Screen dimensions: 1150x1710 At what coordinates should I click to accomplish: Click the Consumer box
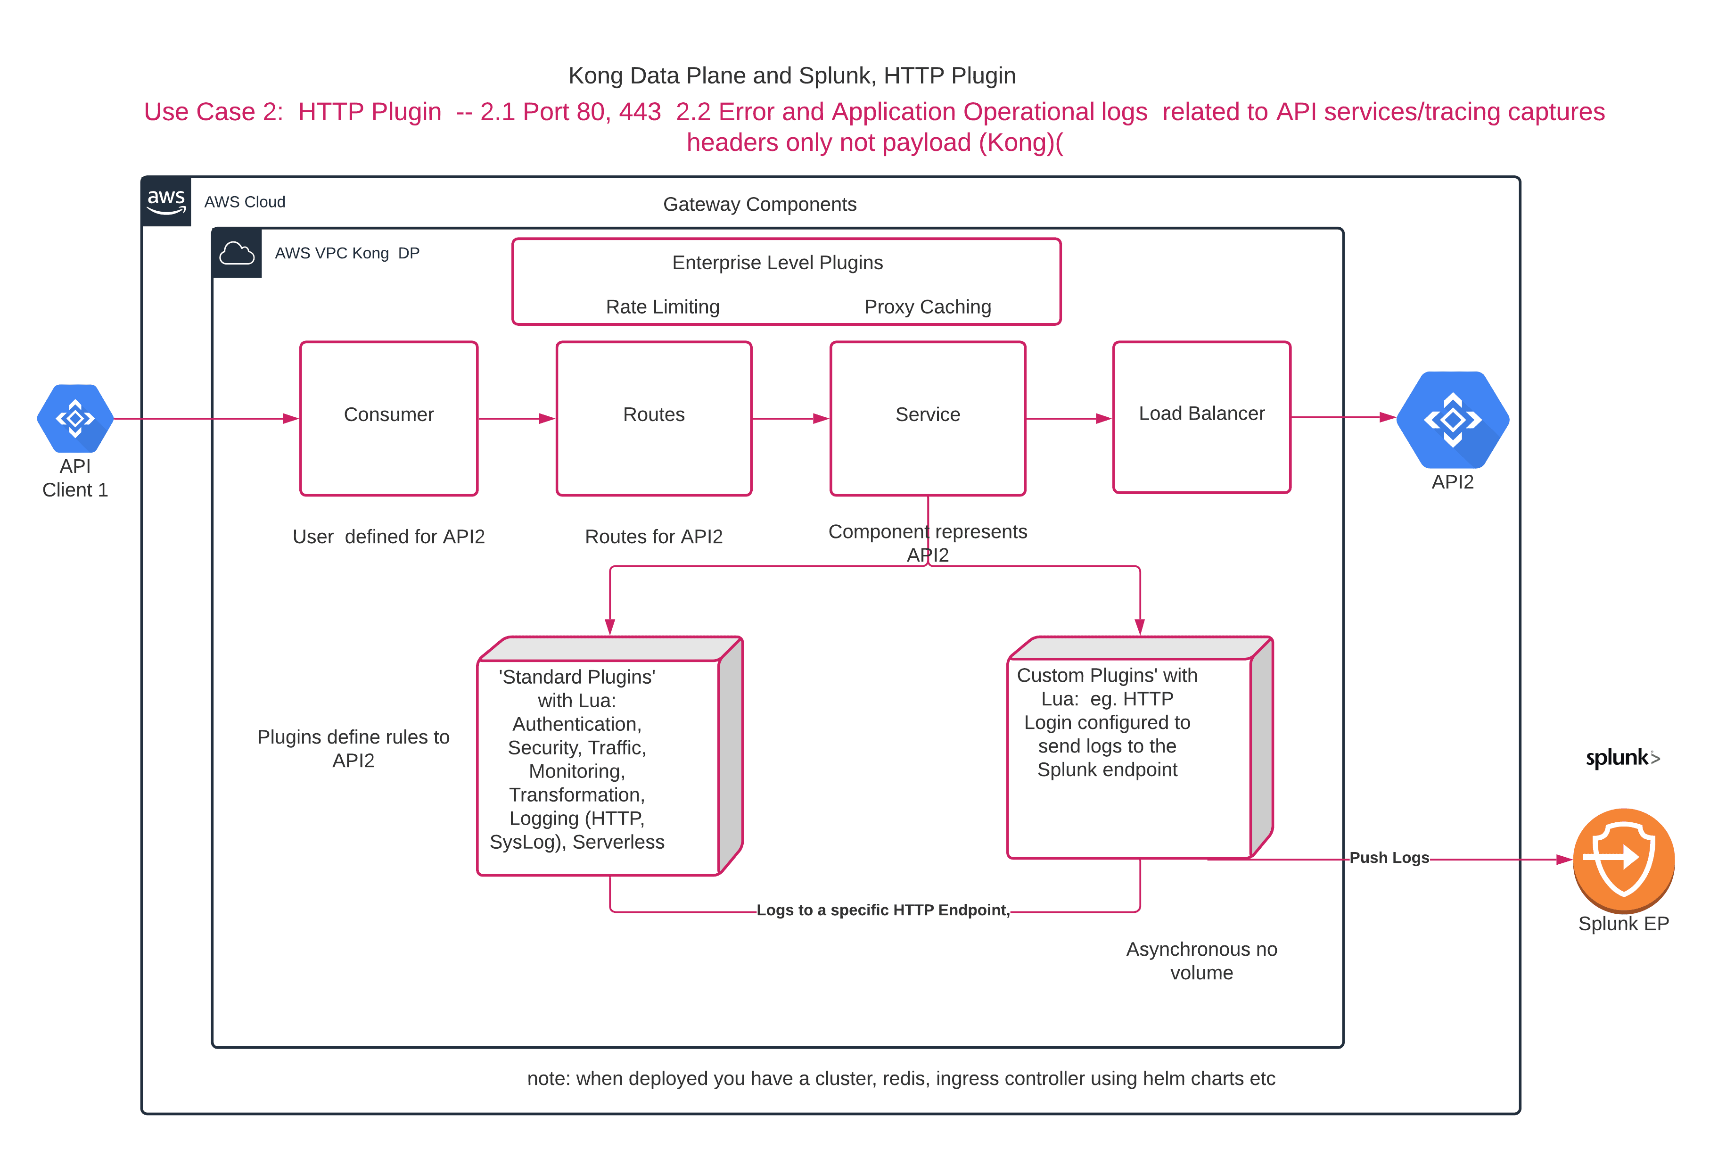point(388,418)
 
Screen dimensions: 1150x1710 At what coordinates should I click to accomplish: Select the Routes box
point(653,418)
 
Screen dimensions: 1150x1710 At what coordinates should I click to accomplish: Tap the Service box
point(927,418)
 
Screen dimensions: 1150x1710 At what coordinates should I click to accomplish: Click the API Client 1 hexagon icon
point(75,418)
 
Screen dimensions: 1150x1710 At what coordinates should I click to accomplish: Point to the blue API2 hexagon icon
point(1452,420)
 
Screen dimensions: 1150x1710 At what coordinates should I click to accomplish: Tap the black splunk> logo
point(1622,758)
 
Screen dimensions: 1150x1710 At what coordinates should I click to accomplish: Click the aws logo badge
point(166,201)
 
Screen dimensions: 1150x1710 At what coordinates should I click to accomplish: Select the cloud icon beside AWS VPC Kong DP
point(237,253)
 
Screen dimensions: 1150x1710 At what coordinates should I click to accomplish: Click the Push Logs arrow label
point(1389,857)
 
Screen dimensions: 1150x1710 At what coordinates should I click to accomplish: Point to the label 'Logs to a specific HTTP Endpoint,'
point(882,910)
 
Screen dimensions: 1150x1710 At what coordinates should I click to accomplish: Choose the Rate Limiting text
point(663,306)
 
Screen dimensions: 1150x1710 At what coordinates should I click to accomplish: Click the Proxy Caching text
point(927,306)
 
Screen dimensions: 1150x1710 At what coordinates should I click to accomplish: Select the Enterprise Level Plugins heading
point(777,263)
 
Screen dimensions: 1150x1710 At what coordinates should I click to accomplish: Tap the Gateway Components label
point(759,204)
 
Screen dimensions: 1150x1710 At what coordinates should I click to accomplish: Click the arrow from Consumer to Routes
point(517,419)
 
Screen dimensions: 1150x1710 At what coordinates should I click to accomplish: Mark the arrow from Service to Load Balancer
point(1069,419)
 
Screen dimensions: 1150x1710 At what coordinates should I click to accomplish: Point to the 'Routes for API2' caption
point(653,537)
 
